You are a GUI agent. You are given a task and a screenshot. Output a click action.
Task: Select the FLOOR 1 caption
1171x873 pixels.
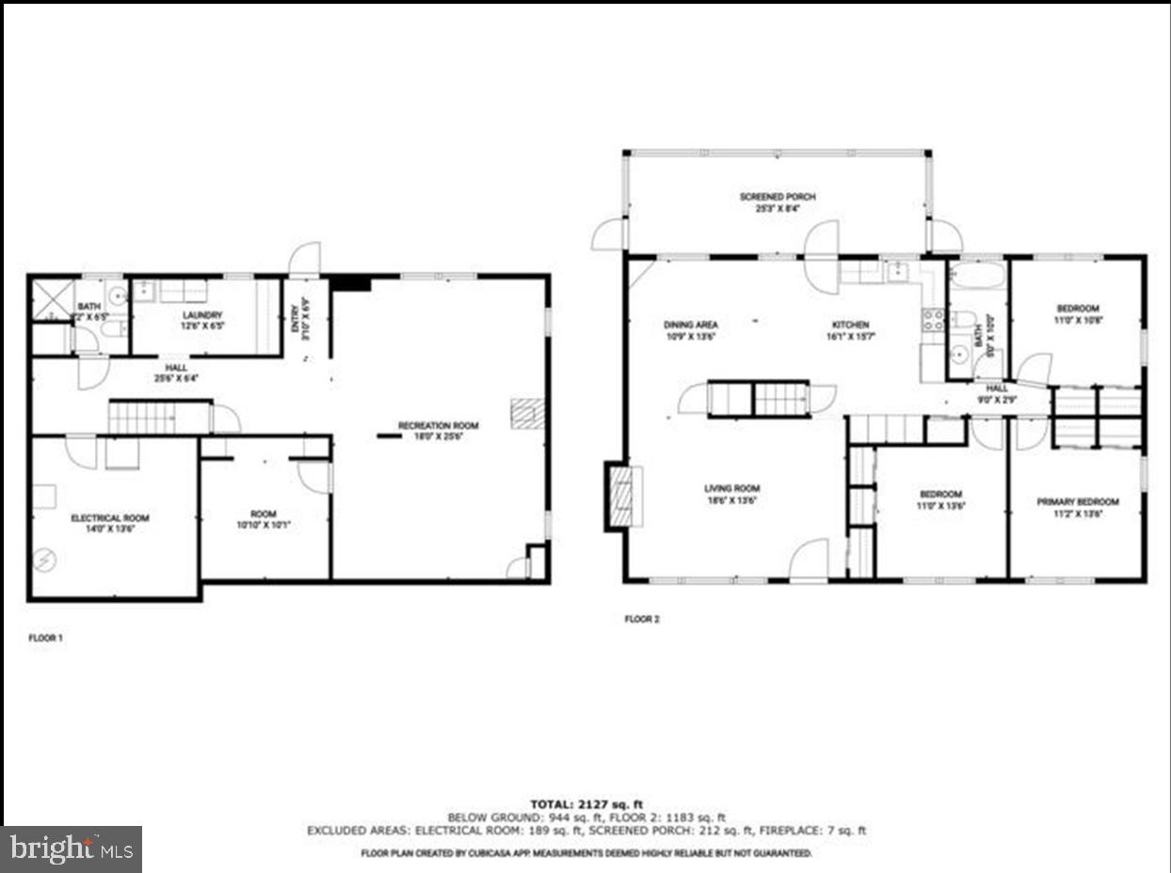[44, 638]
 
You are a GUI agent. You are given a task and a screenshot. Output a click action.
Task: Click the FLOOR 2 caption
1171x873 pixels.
[642, 619]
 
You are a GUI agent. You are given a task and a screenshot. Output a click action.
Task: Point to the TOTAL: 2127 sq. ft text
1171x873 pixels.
[585, 804]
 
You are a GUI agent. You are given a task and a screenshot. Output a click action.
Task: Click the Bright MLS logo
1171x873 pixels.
[72, 849]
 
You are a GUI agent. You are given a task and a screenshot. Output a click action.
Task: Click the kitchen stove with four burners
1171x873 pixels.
[933, 320]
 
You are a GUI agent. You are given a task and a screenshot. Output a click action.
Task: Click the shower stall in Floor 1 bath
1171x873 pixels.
[54, 300]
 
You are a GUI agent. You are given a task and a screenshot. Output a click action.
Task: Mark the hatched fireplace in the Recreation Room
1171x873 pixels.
[527, 414]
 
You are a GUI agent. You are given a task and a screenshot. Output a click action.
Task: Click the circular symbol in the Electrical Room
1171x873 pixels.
[45, 561]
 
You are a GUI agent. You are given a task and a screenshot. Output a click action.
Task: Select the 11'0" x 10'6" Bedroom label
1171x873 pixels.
[1077, 313]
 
